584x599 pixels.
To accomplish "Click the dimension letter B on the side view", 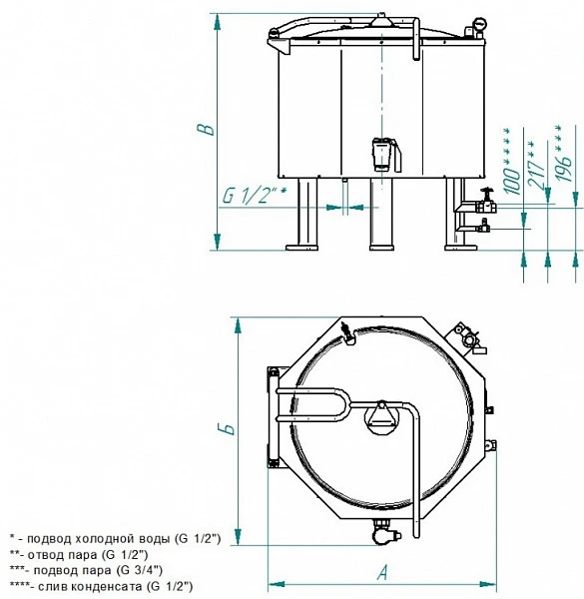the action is [206, 130].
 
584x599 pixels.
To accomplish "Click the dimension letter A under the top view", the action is [382, 573].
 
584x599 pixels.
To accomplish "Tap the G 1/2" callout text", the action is [254, 196].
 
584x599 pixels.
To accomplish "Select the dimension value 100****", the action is [511, 161].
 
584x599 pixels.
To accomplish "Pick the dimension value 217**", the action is [535, 165].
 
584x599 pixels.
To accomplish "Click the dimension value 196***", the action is [563, 153].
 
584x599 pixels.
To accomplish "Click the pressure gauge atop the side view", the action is [479, 26].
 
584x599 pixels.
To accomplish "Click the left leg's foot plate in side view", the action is [301, 248].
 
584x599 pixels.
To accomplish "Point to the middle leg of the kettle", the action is [381, 214].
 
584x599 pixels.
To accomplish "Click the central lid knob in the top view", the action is [382, 417].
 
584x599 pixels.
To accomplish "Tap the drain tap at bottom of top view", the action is [385, 532].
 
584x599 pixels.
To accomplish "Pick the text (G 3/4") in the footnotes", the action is [142, 570].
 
